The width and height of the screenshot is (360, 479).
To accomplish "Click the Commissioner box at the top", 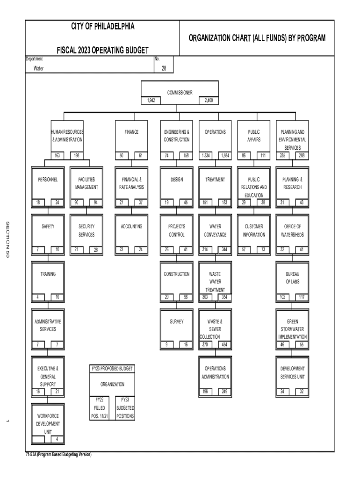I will click(180, 92).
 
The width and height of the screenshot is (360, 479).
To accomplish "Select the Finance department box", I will click(131, 136).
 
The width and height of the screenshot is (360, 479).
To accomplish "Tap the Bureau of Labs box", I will click(292, 278).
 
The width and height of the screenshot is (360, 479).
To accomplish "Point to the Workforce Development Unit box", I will click(48, 423).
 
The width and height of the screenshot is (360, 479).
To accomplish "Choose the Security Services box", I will click(86, 230).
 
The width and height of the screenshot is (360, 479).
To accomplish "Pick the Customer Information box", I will click(254, 230).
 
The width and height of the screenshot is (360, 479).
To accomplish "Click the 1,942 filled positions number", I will click(151, 101).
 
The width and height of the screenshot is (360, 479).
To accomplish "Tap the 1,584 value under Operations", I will click(224, 155).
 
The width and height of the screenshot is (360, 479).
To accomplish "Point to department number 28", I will click(164, 68).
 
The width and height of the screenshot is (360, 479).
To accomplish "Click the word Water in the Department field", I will click(39, 68).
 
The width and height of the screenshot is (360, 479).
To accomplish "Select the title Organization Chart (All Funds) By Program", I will click(257, 38).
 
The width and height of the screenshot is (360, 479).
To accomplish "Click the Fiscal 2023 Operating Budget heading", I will click(102, 50).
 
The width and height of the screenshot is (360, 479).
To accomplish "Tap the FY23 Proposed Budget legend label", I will click(112, 369).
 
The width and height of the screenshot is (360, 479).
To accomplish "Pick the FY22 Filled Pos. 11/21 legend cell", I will click(100, 407).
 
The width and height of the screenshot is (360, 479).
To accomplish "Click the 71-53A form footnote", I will click(58, 454).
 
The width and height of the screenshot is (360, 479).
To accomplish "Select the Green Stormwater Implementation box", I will click(292, 329).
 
